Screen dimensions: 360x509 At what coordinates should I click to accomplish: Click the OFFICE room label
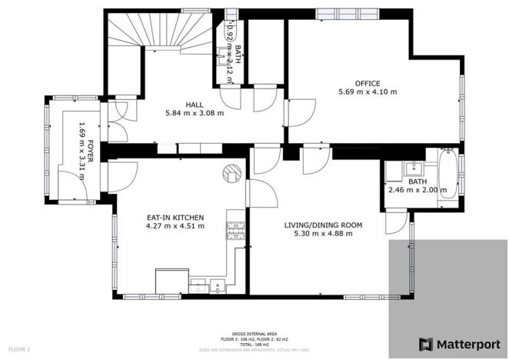coord(367,83)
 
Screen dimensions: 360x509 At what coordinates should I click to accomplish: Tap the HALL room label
coord(194,105)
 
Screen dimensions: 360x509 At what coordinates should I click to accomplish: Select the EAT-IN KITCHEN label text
coord(176,217)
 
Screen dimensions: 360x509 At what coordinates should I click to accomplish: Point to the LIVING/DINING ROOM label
coord(323,225)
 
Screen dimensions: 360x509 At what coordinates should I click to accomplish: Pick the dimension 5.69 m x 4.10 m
coord(368,92)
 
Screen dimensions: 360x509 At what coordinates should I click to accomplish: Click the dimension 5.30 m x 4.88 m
coord(323,234)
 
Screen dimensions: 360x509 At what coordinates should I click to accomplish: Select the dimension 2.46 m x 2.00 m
coord(417,190)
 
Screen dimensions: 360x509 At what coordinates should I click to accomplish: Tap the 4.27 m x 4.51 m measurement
coord(176,226)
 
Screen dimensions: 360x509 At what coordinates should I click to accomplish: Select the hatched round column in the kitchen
coord(231,174)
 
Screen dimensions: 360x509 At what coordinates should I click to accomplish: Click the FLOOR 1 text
coord(19,350)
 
